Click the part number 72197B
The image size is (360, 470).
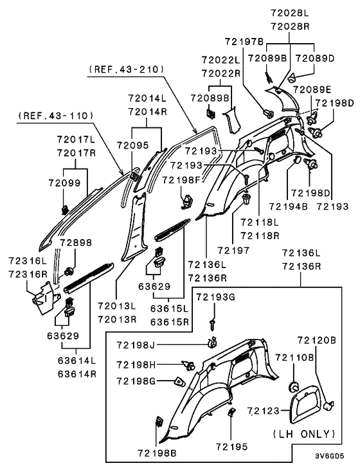coord(244,41)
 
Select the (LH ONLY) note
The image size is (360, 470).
coord(304,434)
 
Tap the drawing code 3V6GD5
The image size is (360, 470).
coord(329,456)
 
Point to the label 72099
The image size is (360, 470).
coord(64,183)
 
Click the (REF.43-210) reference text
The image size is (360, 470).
coord(127,69)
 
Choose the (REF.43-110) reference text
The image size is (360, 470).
coord(56,116)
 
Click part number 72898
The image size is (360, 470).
coord(76,242)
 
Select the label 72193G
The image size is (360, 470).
coord(215,297)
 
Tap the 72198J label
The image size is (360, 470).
coord(136,345)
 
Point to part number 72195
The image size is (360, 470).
coord(231,447)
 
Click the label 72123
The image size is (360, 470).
coord(264,411)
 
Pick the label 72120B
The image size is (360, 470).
coord(316,340)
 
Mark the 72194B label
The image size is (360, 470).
coord(289,206)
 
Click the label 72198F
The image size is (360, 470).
coord(181,180)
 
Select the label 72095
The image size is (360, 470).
coord(132,145)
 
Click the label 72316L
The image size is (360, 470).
coord(28,261)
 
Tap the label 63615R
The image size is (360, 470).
coord(169,321)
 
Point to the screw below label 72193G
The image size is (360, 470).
coord(213,325)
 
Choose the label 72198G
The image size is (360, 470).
coord(136,381)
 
